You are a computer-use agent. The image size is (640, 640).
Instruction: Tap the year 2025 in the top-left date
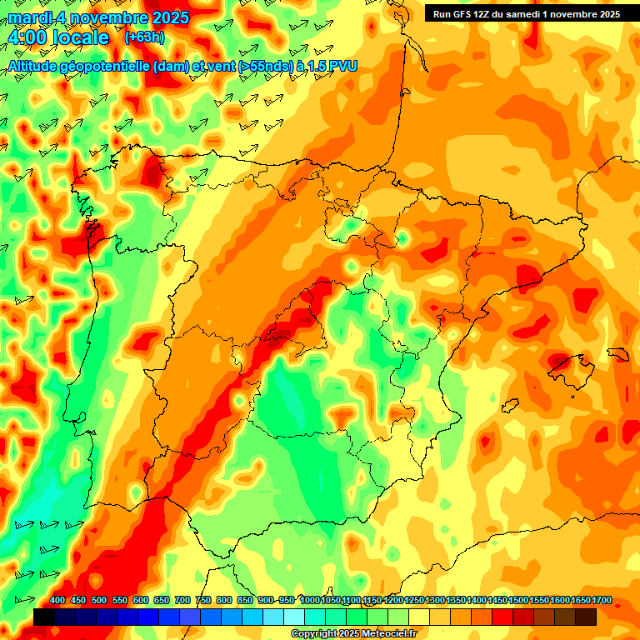pos(166,17)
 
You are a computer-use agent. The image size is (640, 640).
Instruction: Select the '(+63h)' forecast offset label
pos(145,37)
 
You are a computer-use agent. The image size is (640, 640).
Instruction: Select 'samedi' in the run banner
pos(527,13)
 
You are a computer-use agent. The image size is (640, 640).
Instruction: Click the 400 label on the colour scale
pos(57,601)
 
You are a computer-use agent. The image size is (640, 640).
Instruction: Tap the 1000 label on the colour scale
pos(309,601)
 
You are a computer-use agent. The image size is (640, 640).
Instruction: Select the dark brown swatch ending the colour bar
pos(586,617)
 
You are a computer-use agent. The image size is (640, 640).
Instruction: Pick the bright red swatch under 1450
pos(502,617)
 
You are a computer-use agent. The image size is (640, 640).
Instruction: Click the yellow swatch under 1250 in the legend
pos(419,617)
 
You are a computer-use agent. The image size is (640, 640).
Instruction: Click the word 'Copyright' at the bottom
pos(313,634)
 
